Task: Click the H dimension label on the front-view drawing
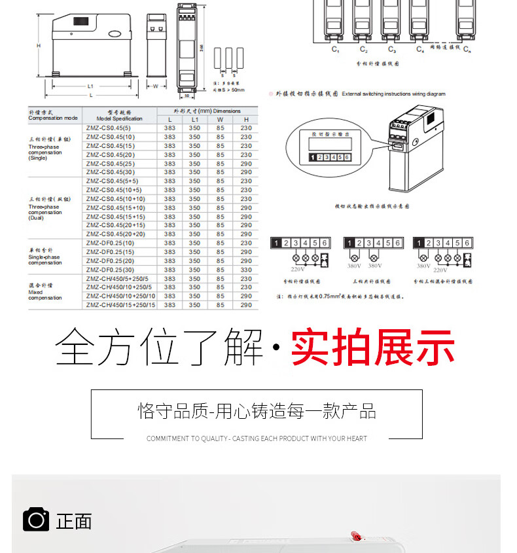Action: click(39, 46)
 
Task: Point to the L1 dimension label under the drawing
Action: click(90, 86)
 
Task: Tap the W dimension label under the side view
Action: click(155, 86)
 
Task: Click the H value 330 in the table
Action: click(245, 270)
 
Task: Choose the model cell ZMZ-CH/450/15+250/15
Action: click(120, 305)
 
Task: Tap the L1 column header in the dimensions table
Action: click(194, 119)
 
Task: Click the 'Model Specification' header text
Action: click(119, 119)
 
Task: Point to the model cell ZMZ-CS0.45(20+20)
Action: click(115, 234)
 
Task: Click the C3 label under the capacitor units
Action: click(391, 50)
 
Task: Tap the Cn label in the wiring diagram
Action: click(467, 50)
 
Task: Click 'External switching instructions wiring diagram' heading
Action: click(393, 94)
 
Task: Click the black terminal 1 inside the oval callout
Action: click(315, 157)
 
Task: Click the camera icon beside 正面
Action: click(36, 520)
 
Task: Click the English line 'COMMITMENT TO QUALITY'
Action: click(257, 438)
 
